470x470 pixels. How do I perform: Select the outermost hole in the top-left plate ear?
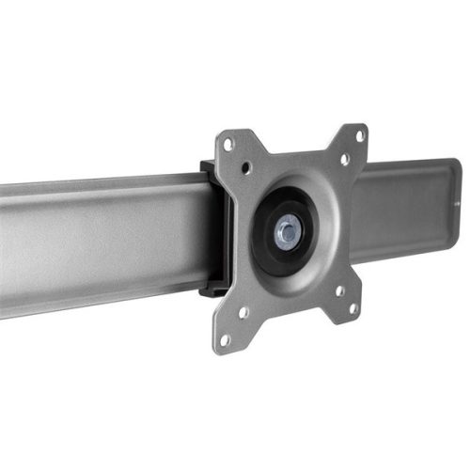click(x=227, y=144)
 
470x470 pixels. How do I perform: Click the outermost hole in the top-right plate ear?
click(x=359, y=136)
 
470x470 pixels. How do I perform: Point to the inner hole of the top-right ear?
click(x=344, y=160)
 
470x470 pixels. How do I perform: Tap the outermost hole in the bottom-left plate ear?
click(x=225, y=339)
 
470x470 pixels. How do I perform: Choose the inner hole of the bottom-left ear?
click(x=243, y=312)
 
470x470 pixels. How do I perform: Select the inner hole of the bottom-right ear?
click(x=339, y=290)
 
